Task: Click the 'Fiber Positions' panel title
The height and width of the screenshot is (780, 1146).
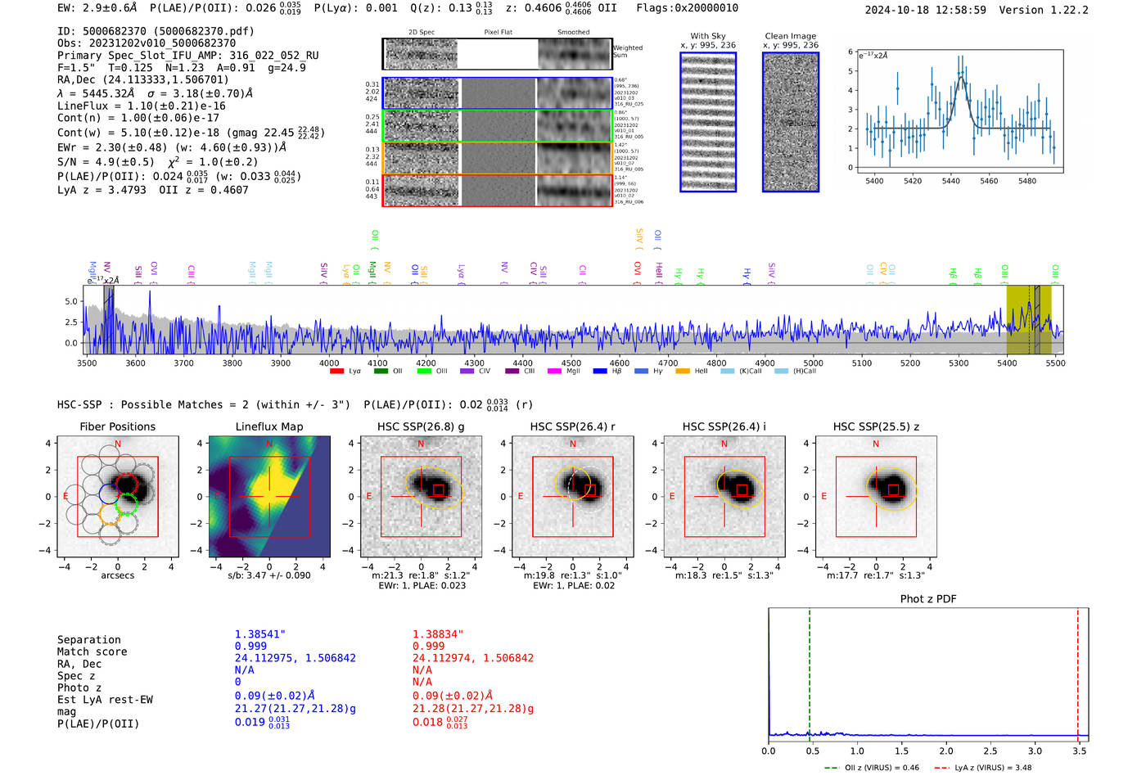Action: [x=117, y=426]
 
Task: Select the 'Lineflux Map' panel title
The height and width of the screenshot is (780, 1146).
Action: [x=268, y=426]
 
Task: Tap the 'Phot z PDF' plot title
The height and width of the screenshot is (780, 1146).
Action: [x=928, y=599]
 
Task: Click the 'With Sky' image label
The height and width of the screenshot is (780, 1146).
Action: [x=707, y=36]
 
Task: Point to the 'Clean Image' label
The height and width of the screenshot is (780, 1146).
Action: [x=790, y=36]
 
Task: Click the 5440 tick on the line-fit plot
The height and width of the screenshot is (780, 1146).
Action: [x=950, y=181]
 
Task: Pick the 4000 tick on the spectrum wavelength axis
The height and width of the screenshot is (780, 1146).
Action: [x=329, y=363]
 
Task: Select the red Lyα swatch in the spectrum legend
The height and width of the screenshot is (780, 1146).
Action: [x=336, y=372]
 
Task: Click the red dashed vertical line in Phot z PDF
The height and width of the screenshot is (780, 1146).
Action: [x=1077, y=671]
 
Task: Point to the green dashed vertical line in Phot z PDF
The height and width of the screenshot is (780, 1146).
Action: [x=809, y=671]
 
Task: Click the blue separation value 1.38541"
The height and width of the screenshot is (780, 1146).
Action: [x=260, y=634]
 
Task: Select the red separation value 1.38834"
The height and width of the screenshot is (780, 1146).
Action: [x=438, y=634]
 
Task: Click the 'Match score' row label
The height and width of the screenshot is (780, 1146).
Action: [x=92, y=652]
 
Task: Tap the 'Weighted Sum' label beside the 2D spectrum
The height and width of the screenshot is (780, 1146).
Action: [x=628, y=52]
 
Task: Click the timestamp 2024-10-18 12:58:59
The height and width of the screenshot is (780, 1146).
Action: [x=925, y=10]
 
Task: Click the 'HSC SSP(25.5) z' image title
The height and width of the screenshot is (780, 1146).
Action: [x=876, y=426]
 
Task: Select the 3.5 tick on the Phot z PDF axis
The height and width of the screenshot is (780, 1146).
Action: [x=1080, y=751]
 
